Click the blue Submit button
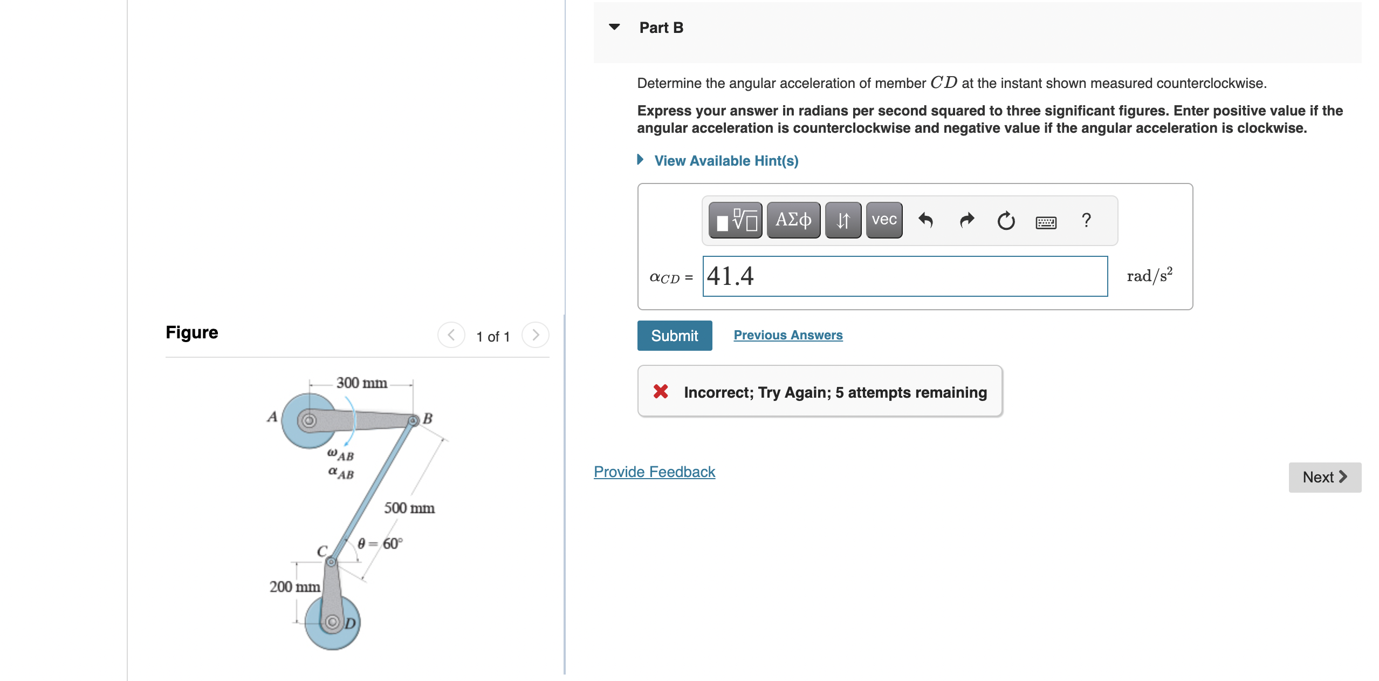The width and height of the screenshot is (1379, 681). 674,336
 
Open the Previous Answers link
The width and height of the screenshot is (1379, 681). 787,335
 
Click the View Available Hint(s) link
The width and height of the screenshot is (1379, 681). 725,161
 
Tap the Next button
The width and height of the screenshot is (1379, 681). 1324,477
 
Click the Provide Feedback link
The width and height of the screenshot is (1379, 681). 654,472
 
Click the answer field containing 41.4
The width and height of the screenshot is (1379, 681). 904,276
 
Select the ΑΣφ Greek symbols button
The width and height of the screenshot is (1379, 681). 793,220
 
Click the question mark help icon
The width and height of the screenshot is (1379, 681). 1086,220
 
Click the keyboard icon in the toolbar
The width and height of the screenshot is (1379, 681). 1046,222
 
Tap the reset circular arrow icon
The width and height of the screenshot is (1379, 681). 1006,221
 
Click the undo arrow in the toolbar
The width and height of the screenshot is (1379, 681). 925,220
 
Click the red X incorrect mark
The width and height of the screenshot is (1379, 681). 661,391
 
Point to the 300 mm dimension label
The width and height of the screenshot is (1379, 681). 361,383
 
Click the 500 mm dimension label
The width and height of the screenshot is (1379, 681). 409,508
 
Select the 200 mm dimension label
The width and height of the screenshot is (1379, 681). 294,587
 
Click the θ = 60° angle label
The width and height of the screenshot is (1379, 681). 380,543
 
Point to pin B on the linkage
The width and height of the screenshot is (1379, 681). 413,420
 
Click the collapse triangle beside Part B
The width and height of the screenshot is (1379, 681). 614,27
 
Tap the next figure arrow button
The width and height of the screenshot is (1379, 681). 535,335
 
